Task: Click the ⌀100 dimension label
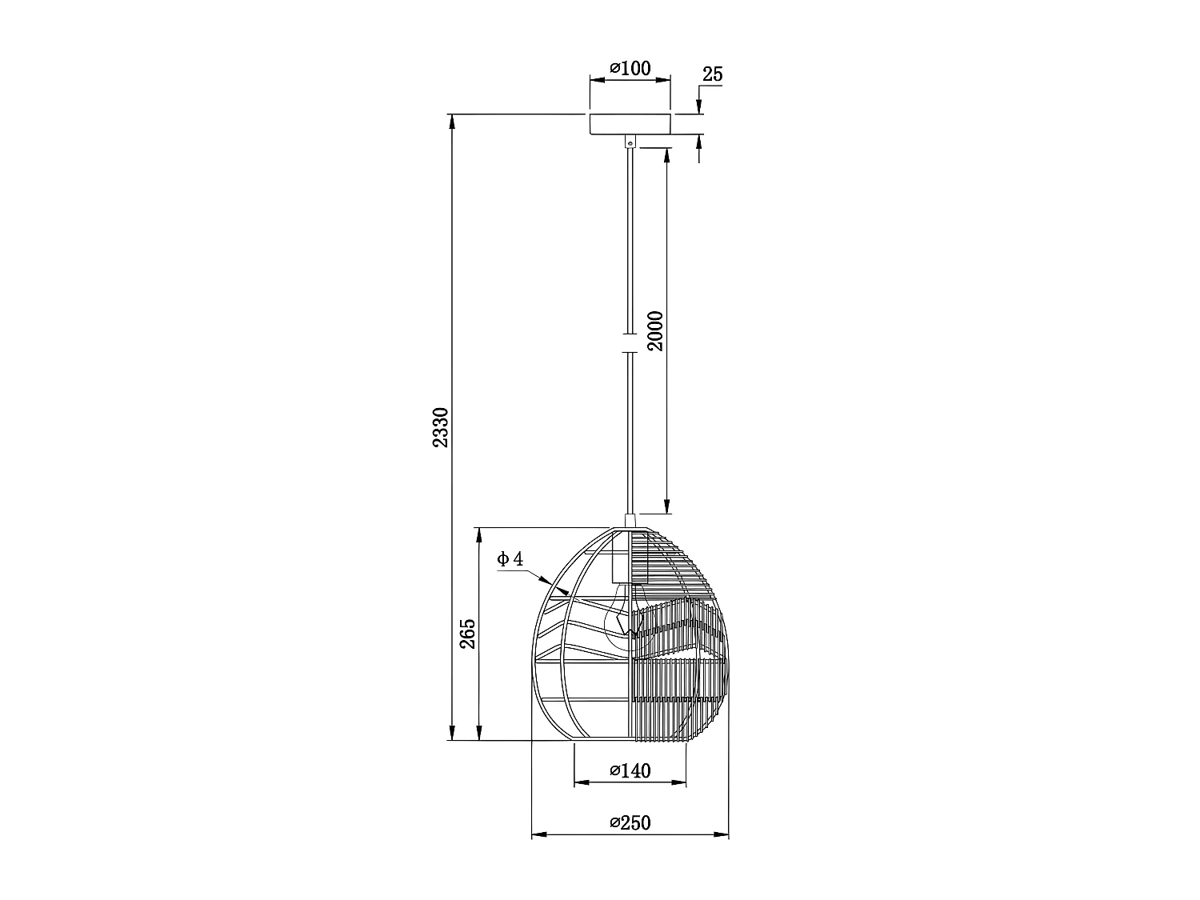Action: pos(630,69)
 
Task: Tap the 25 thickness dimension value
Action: pos(712,74)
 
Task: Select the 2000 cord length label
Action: pos(655,330)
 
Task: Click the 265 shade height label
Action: pos(468,634)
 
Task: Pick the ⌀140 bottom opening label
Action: pos(630,771)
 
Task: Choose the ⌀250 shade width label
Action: pos(630,822)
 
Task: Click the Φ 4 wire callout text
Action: pos(510,559)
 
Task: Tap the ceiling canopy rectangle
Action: pos(630,124)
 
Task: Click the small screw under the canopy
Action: pos(630,142)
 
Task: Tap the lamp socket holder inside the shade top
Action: pos(622,560)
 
